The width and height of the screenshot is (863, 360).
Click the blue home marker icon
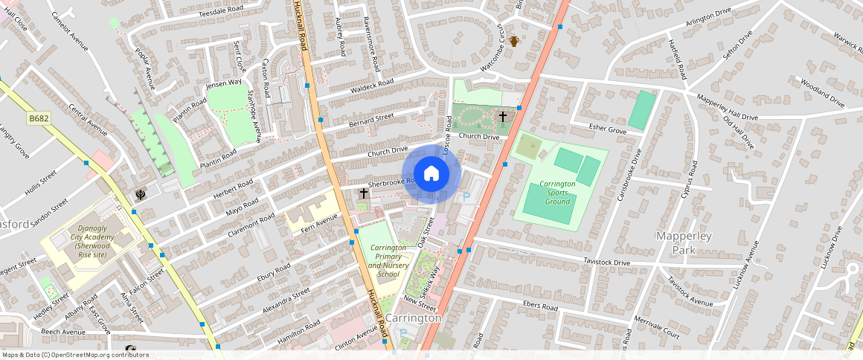(431, 174)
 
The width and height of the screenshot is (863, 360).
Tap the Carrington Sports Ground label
(558, 193)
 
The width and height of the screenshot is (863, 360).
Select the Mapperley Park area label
(684, 243)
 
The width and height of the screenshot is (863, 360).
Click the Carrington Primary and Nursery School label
(388, 261)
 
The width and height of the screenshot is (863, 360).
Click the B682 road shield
(39, 118)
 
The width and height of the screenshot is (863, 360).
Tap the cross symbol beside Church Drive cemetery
(503, 117)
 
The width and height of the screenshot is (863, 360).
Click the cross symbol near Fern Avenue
(364, 193)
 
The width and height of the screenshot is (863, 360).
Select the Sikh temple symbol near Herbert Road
(140, 195)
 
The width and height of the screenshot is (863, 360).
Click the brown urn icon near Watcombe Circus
(513, 42)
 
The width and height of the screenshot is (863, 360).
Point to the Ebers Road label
(540, 306)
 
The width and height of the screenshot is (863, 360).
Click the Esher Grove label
(608, 129)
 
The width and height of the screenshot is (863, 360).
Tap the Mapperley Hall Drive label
(727, 107)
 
